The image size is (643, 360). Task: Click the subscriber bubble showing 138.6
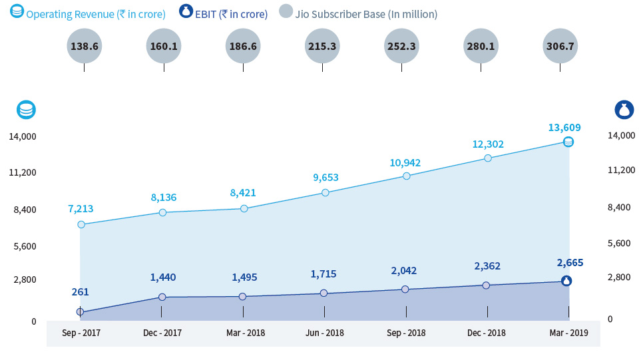click(84, 47)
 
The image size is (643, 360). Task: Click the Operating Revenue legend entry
click(89, 14)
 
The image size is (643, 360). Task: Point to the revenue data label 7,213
click(81, 209)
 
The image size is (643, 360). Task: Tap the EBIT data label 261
click(81, 291)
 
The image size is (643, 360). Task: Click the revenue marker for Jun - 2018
click(325, 192)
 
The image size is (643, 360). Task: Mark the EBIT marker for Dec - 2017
click(162, 297)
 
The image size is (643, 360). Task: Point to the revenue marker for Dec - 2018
click(487, 158)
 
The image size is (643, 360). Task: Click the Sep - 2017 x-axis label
click(81, 333)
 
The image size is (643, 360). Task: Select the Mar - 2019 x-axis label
click(568, 333)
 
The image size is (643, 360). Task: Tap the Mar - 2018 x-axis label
click(244, 333)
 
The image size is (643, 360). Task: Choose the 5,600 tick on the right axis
click(619, 243)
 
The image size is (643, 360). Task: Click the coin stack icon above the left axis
click(26, 110)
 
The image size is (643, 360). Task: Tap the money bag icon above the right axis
click(624, 110)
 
